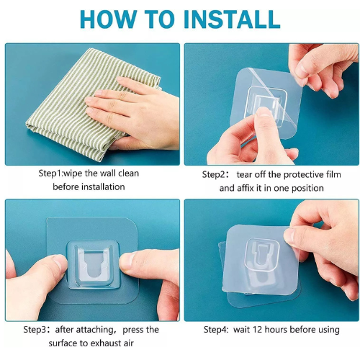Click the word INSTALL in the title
pyautogui.click(x=231, y=19)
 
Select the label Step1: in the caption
pyautogui.click(x=50, y=174)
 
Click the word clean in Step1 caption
pyautogui.click(x=129, y=174)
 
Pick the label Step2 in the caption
pyautogui.click(x=213, y=174)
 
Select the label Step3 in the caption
pyautogui.click(x=35, y=330)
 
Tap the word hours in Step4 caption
pyautogui.click(x=276, y=330)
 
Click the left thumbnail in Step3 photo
pyautogui.click(x=60, y=261)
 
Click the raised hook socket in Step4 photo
pyautogui.click(x=262, y=254)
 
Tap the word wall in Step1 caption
pyautogui.click(x=108, y=174)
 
